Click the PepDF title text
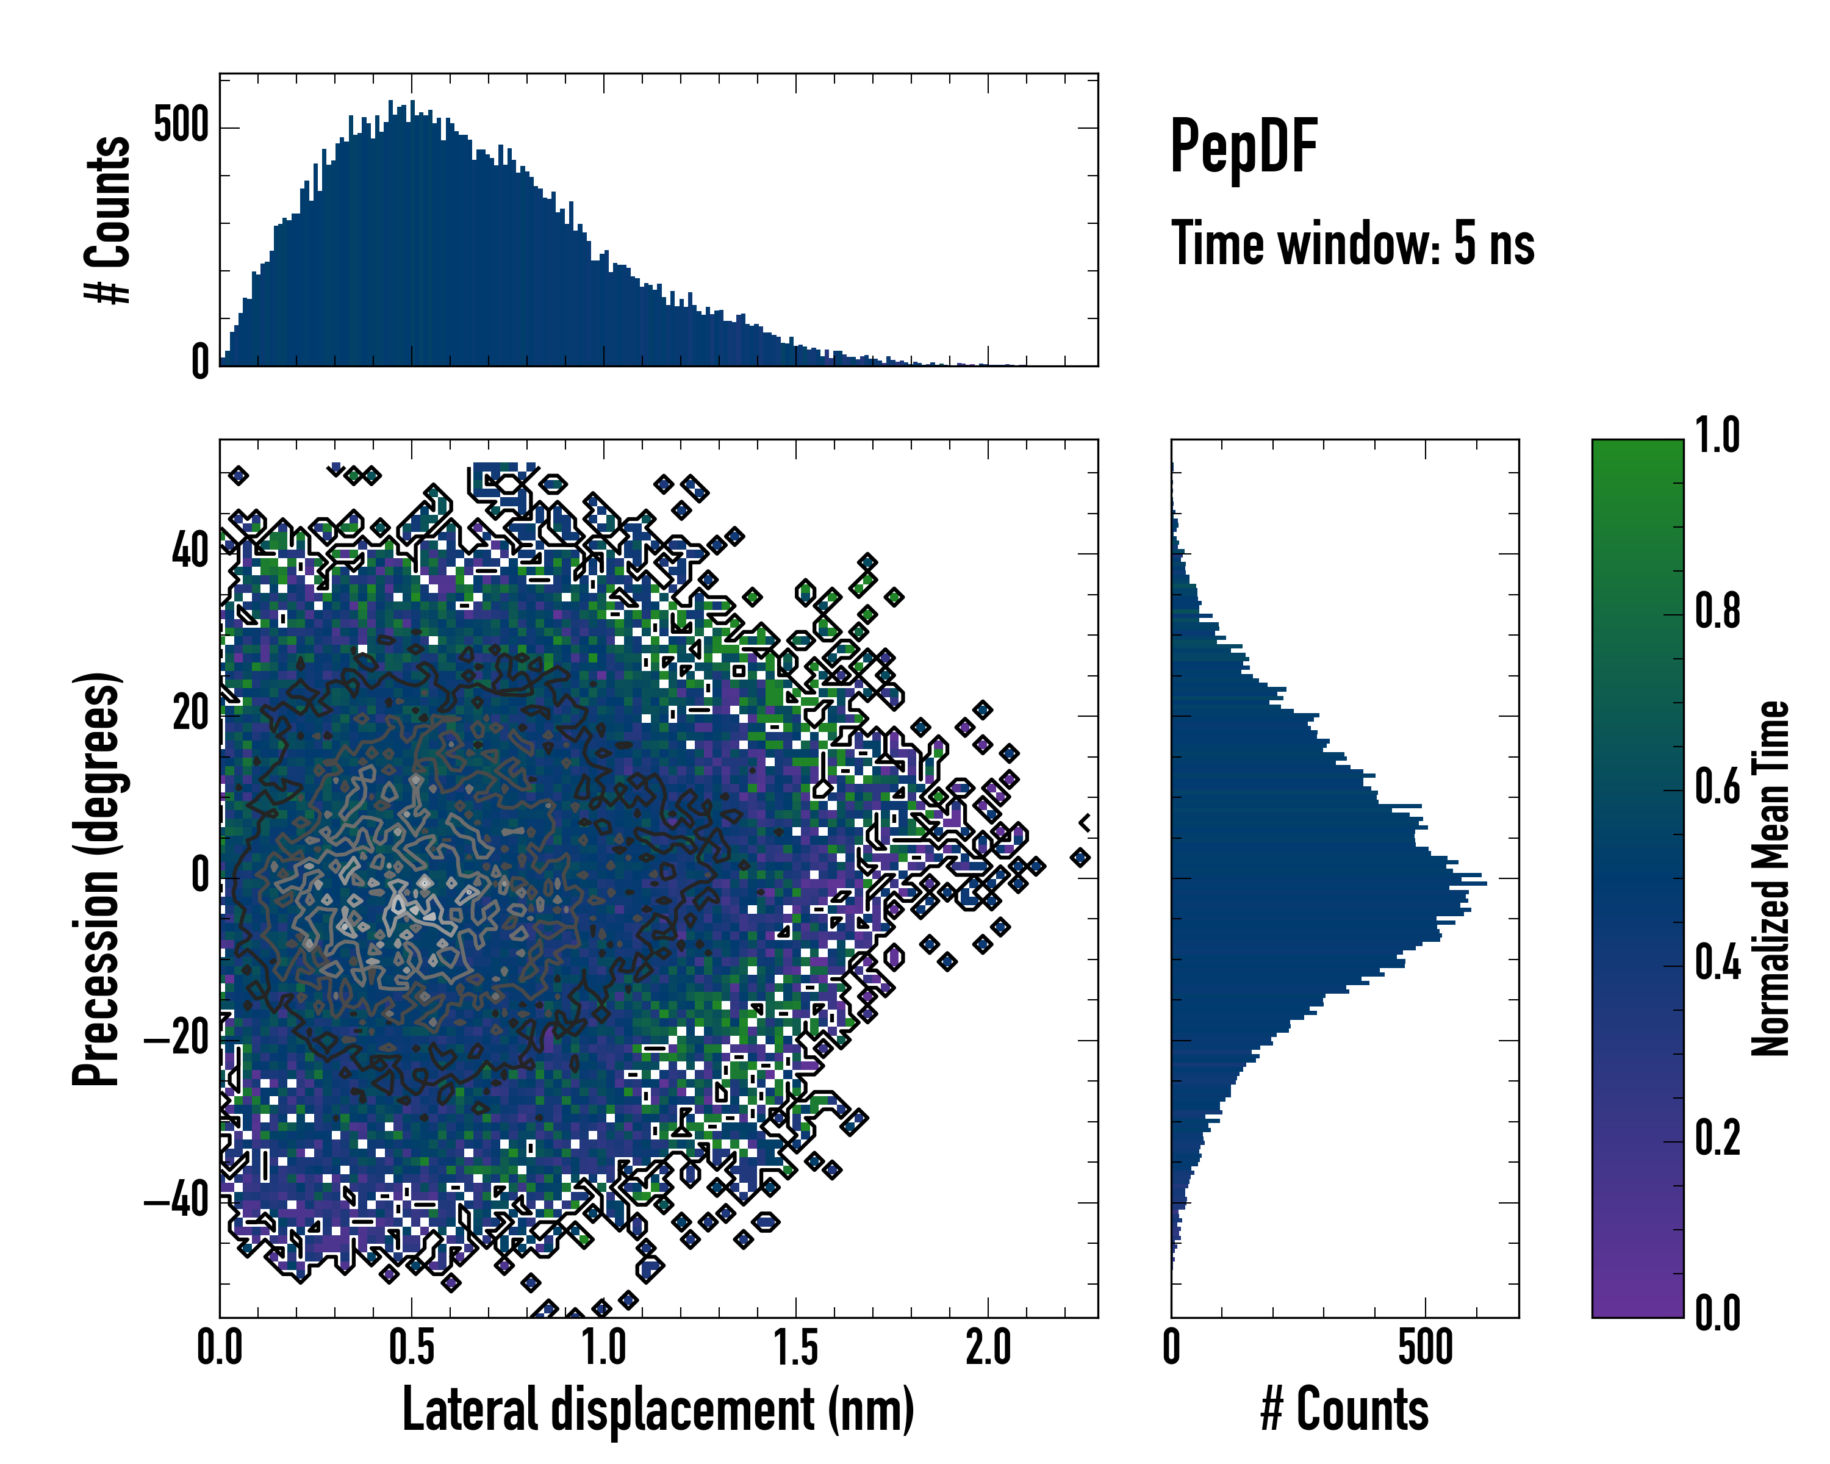point(1243,147)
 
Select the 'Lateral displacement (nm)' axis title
point(658,1410)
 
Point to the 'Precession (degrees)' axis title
point(96,878)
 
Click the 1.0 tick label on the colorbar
point(1717,436)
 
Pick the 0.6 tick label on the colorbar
point(1717,787)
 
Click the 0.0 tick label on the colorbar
point(1717,1313)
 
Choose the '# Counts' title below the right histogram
point(1344,1410)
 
